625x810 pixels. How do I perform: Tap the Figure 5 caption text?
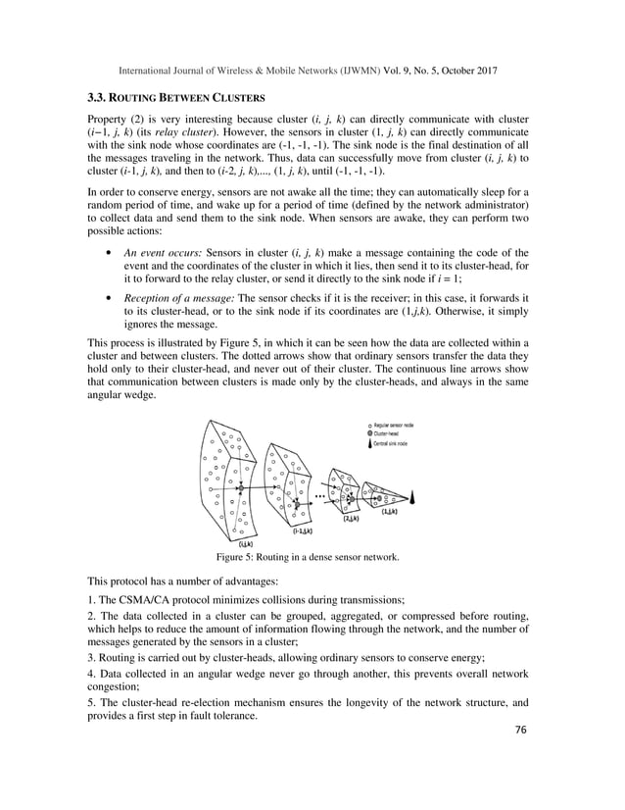[312, 556]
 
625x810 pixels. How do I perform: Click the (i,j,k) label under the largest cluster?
[247, 541]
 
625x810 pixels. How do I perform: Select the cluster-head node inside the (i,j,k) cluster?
[239, 487]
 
